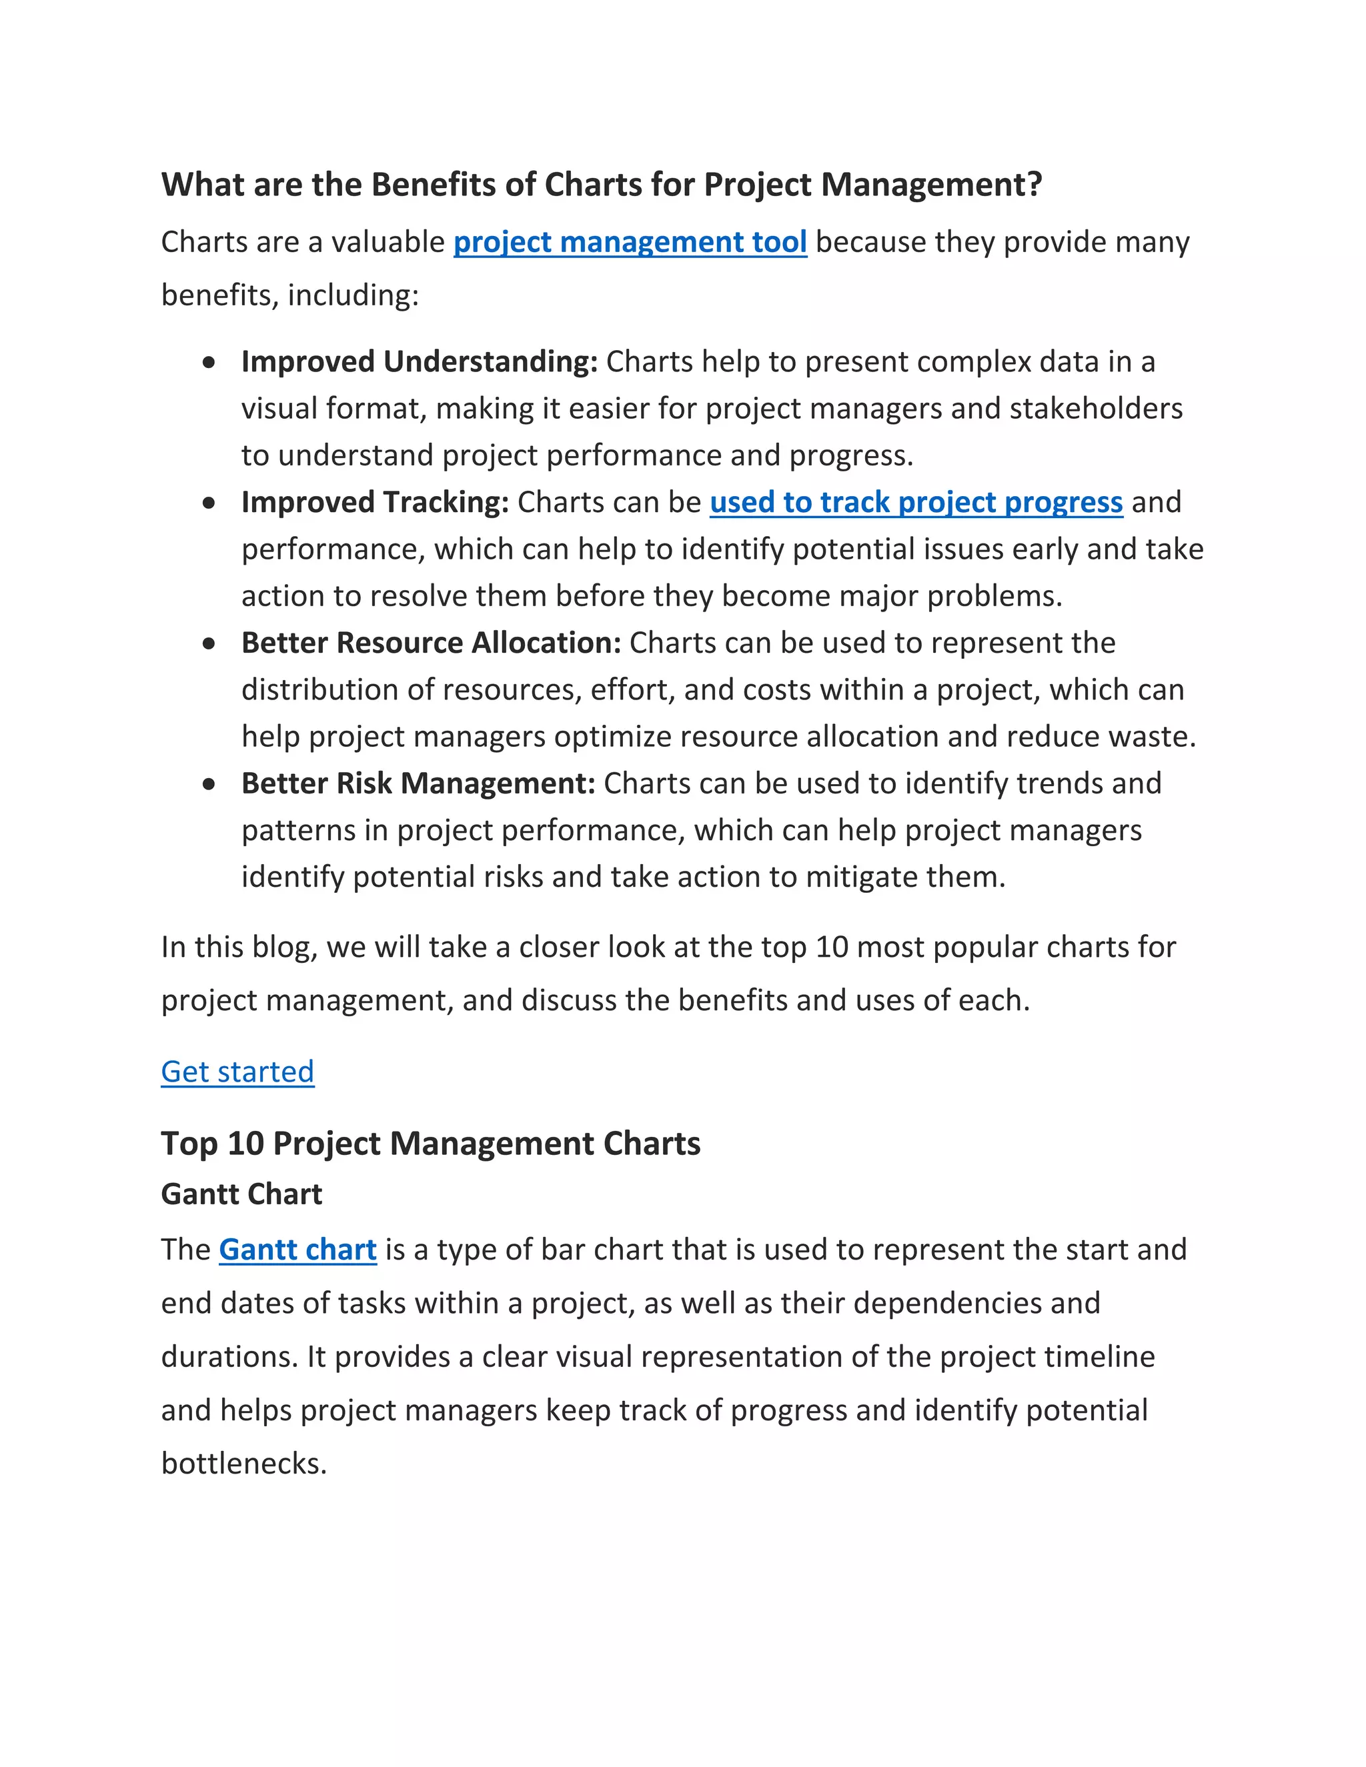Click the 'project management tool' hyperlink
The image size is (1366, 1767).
(x=630, y=242)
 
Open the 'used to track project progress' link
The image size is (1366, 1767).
(x=916, y=503)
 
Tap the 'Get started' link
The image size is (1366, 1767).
(x=237, y=1072)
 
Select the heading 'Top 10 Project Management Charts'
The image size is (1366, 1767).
(x=430, y=1143)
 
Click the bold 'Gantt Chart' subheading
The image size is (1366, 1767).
(x=241, y=1194)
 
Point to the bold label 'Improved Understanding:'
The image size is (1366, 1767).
(x=419, y=361)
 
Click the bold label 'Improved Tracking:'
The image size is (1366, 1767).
(x=375, y=503)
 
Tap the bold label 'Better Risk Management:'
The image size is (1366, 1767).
(x=418, y=783)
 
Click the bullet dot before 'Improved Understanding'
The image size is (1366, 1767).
(x=209, y=363)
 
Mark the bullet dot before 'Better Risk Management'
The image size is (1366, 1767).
(x=209, y=784)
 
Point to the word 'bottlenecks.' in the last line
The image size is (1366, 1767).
(x=243, y=1463)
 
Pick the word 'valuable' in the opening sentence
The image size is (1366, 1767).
(x=388, y=242)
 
